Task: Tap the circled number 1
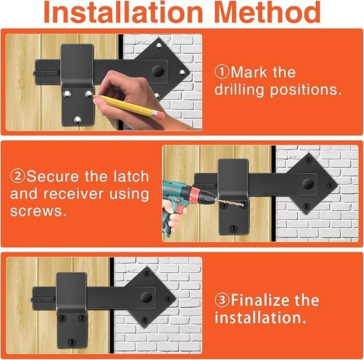click(222, 72)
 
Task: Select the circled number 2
click(18, 176)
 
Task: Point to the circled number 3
click(222, 300)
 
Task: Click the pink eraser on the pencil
click(159, 115)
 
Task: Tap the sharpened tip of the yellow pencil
click(94, 96)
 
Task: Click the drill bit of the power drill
click(230, 202)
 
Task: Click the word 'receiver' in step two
click(73, 193)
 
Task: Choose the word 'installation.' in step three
click(260, 317)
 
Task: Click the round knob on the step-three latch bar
click(146, 297)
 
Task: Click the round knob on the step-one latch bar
click(158, 71)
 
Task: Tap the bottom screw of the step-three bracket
click(72, 342)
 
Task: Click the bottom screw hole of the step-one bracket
click(77, 119)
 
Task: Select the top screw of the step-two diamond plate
click(309, 160)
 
